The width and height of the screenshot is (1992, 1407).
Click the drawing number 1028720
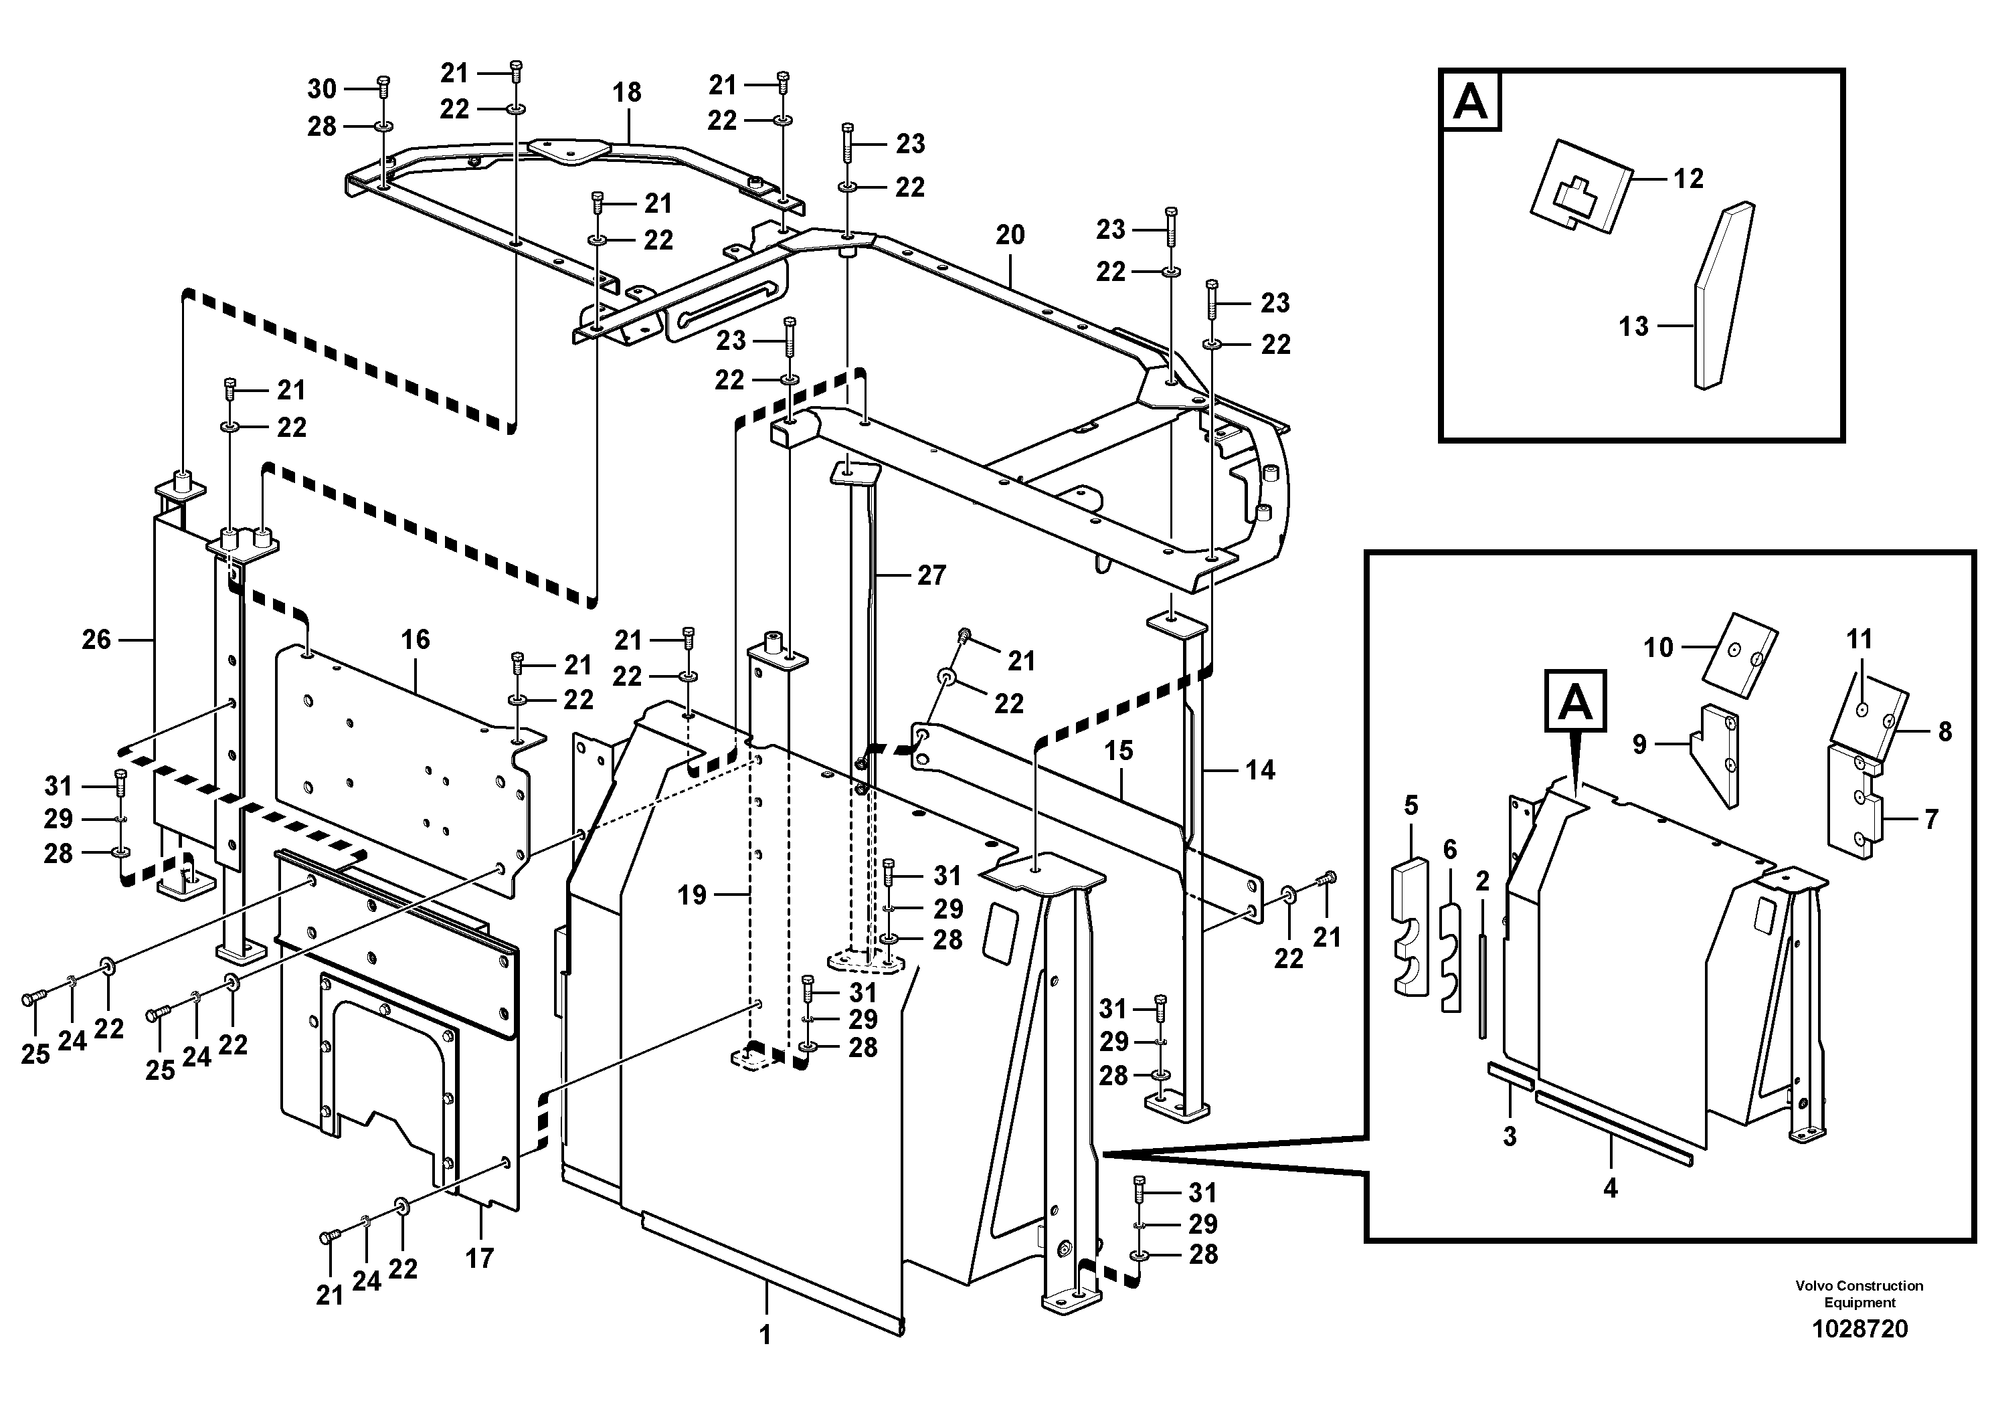click(x=1860, y=1329)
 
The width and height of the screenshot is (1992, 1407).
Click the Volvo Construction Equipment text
click(x=1860, y=1293)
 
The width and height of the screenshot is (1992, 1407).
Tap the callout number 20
click(x=1010, y=234)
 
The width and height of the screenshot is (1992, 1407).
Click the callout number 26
click(x=96, y=640)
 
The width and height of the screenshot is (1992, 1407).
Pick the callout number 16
click(x=415, y=640)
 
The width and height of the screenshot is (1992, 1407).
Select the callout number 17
click(x=479, y=1258)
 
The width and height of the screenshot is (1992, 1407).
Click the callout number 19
click(x=691, y=895)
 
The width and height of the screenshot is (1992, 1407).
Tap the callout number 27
click(x=931, y=575)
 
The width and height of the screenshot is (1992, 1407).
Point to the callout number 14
click(x=1260, y=769)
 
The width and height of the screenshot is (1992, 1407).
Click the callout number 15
click(x=1118, y=751)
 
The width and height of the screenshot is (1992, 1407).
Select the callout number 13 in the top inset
click(x=1634, y=326)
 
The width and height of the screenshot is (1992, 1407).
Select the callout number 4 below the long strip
click(x=1610, y=1188)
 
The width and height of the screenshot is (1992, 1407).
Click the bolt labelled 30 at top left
click(x=383, y=87)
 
